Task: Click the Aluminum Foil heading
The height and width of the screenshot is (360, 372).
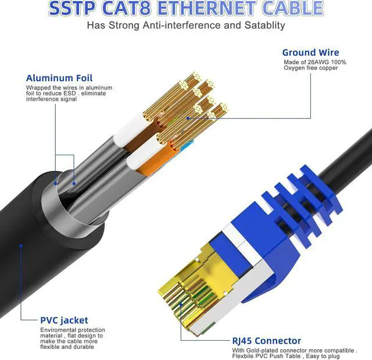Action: [59, 78]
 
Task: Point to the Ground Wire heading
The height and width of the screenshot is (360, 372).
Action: [311, 52]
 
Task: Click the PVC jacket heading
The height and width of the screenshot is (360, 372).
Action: [64, 320]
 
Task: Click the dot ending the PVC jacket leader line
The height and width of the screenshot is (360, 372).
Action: [20, 245]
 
